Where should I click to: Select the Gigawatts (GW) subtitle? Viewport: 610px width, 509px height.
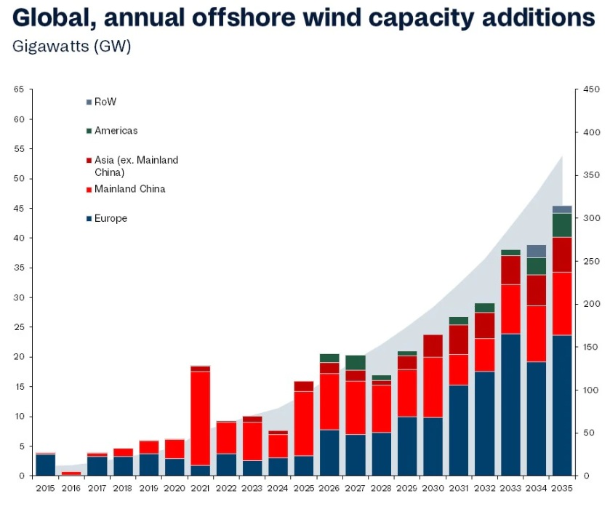[71, 47]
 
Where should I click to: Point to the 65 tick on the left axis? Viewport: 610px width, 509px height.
[18, 89]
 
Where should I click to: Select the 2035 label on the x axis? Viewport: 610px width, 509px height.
[562, 488]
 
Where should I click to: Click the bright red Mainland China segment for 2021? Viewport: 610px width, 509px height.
[200, 418]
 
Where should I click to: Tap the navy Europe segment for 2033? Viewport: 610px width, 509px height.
[511, 404]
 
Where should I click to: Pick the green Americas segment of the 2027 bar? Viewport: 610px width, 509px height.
[356, 362]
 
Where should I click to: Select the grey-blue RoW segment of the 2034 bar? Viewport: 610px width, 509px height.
[537, 251]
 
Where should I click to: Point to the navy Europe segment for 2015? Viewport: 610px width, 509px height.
[45, 465]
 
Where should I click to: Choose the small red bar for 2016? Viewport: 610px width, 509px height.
[71, 473]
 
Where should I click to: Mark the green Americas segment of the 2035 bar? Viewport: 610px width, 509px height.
[562, 225]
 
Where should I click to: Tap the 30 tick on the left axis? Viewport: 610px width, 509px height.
[18, 297]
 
